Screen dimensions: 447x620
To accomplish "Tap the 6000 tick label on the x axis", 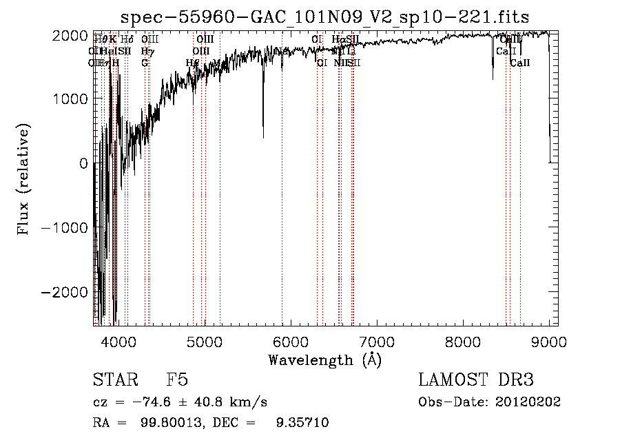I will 290,342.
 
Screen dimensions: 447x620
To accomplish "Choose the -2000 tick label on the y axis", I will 65,293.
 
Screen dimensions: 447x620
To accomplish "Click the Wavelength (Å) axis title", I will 324,360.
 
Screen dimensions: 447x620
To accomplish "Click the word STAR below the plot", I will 114,380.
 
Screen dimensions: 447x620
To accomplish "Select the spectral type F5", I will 177,380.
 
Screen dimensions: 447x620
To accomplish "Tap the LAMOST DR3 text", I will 476,380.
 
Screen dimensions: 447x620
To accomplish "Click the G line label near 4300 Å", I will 145,63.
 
